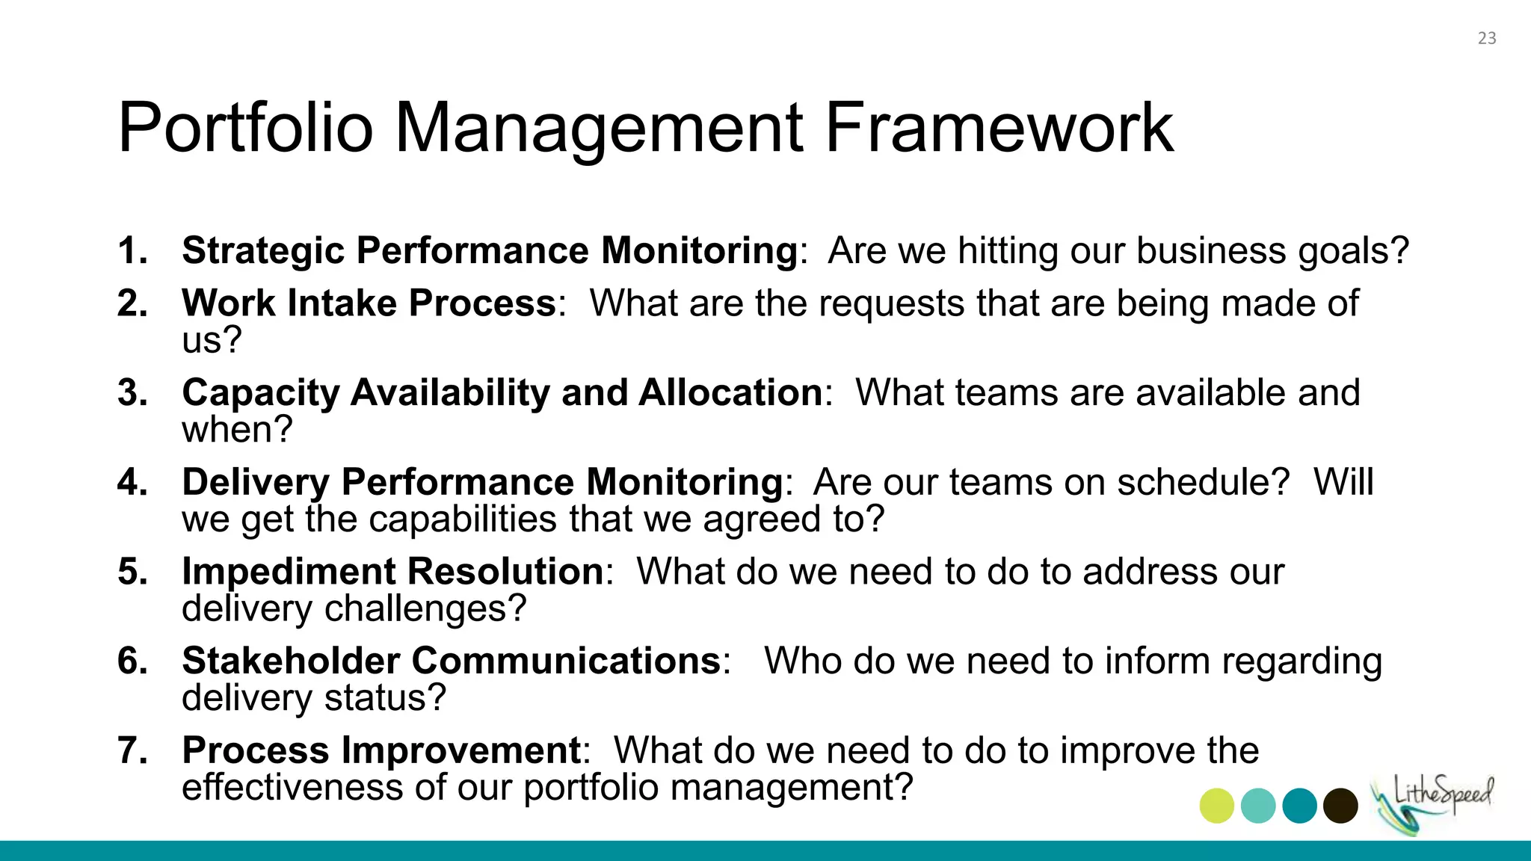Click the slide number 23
click(x=1486, y=38)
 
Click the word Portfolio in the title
click(x=245, y=128)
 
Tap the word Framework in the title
click(x=999, y=128)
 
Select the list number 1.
click(x=132, y=250)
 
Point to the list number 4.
click(x=132, y=482)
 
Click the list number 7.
click(x=132, y=750)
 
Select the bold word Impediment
click(x=288, y=572)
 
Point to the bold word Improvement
click(x=461, y=750)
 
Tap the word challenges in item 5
click(x=425, y=608)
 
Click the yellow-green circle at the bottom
click(x=1216, y=806)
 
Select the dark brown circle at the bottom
click(x=1340, y=806)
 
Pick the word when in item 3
click(x=235, y=430)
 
